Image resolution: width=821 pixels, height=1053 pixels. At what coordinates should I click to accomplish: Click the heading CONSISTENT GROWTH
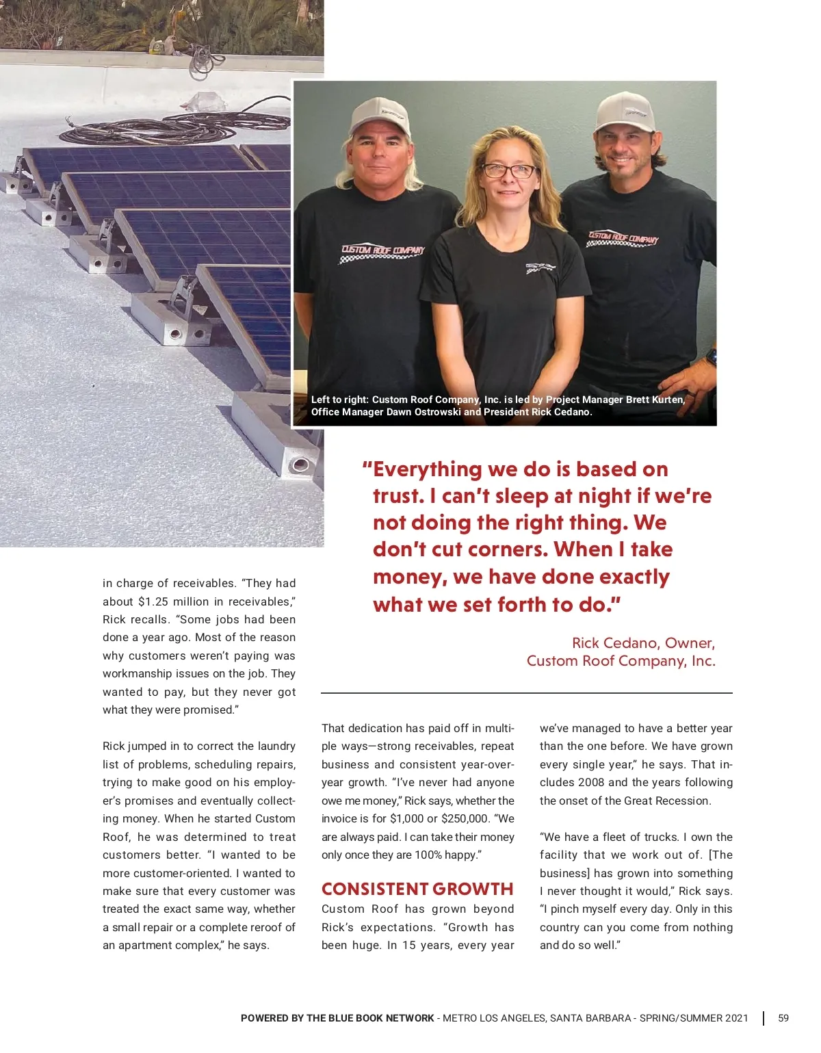[417, 889]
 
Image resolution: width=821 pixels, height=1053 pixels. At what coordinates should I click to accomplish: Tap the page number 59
[783, 1018]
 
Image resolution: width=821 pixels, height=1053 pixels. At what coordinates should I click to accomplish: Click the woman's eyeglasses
[509, 170]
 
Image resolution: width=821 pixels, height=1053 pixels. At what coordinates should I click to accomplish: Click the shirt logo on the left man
[382, 252]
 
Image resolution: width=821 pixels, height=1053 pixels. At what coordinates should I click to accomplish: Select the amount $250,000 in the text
[465, 818]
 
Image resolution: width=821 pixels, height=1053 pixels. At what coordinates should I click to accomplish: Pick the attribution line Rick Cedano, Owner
[643, 643]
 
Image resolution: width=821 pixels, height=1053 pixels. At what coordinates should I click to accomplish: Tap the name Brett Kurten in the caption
[655, 400]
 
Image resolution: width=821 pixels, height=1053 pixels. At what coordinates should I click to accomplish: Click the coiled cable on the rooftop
[171, 127]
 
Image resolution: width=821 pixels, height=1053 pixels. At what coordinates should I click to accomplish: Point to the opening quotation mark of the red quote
[367, 469]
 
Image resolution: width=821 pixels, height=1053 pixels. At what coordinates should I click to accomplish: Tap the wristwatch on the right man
[712, 357]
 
